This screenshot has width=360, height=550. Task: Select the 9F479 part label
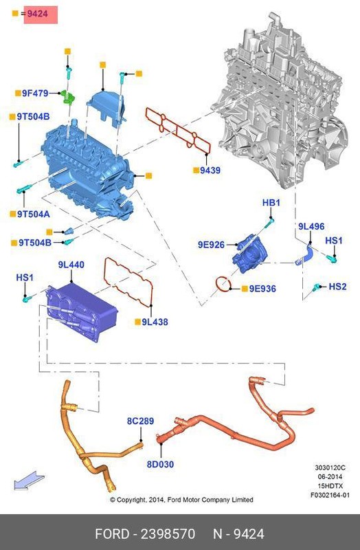(34, 92)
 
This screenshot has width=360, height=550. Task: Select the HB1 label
(271, 203)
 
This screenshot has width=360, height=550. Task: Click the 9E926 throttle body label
(211, 244)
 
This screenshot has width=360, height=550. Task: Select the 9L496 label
(311, 226)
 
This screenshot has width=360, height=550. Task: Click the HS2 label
(337, 286)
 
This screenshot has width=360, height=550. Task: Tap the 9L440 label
(71, 264)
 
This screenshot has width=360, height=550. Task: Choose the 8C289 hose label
(140, 420)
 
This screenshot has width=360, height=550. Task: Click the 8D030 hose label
(160, 464)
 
